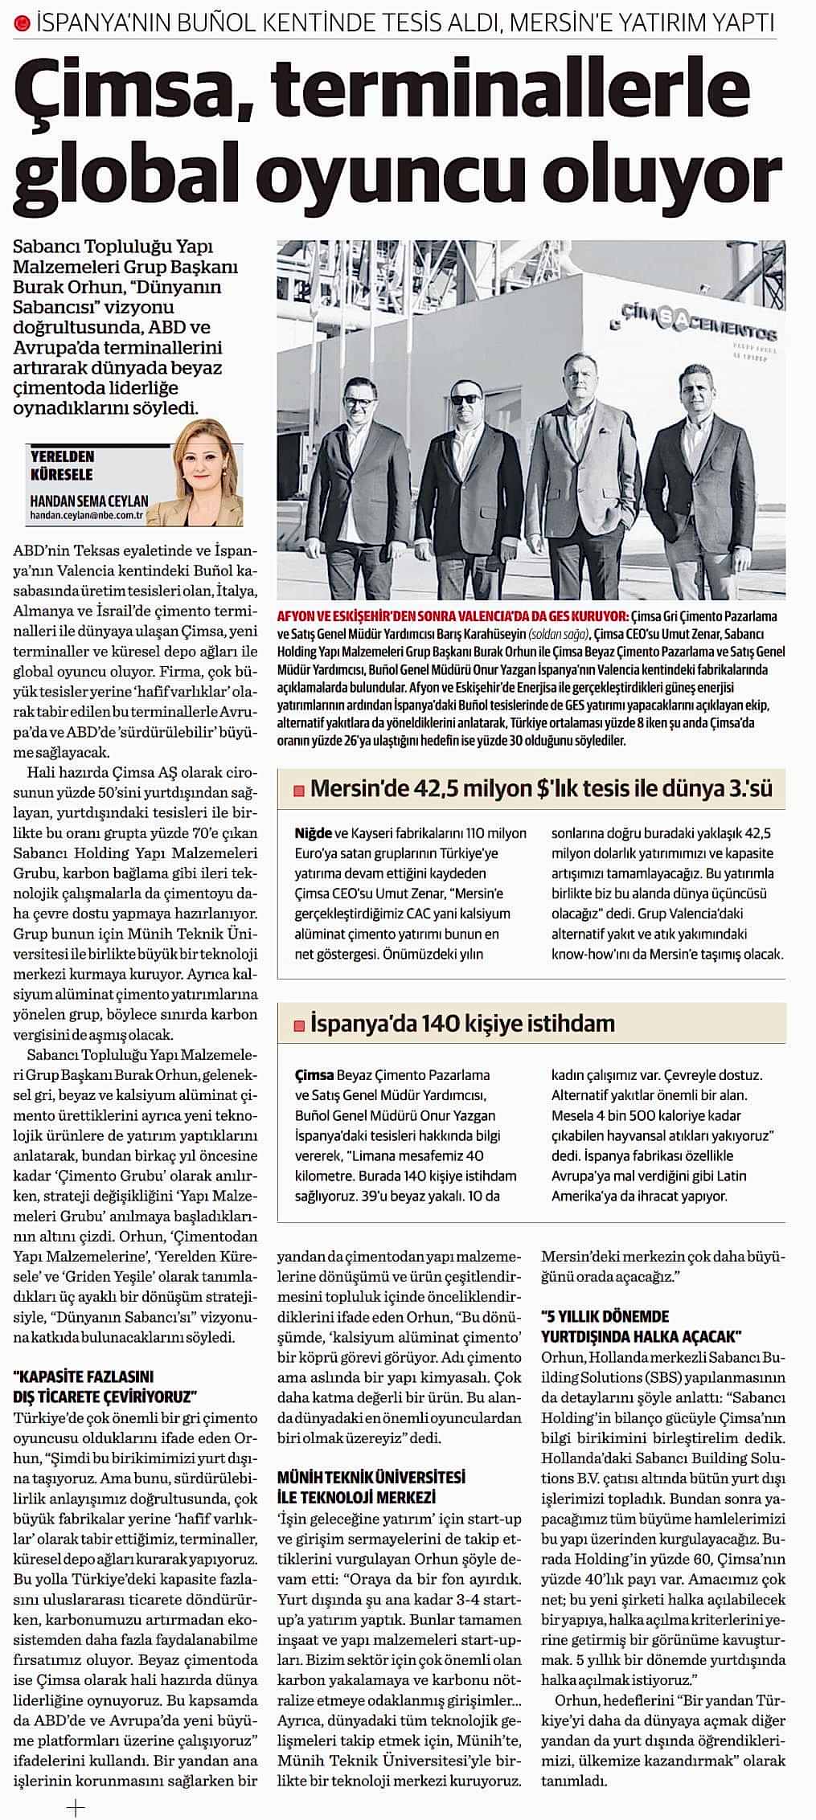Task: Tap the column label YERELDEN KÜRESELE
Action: point(62,464)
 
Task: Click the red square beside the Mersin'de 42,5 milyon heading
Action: point(297,791)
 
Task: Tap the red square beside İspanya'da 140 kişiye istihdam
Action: point(297,1025)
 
